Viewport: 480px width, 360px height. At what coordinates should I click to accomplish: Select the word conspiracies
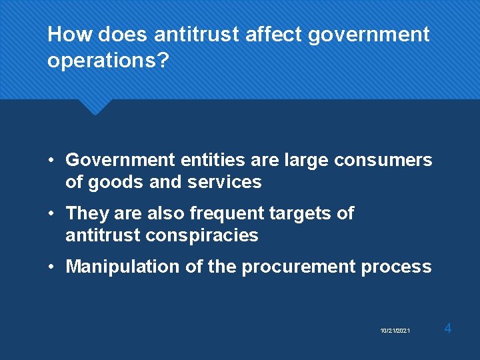tap(203, 235)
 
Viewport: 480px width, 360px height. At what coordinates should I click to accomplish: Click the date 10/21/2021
tap(395, 331)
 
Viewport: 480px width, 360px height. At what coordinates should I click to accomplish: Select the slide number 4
tap(448, 328)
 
